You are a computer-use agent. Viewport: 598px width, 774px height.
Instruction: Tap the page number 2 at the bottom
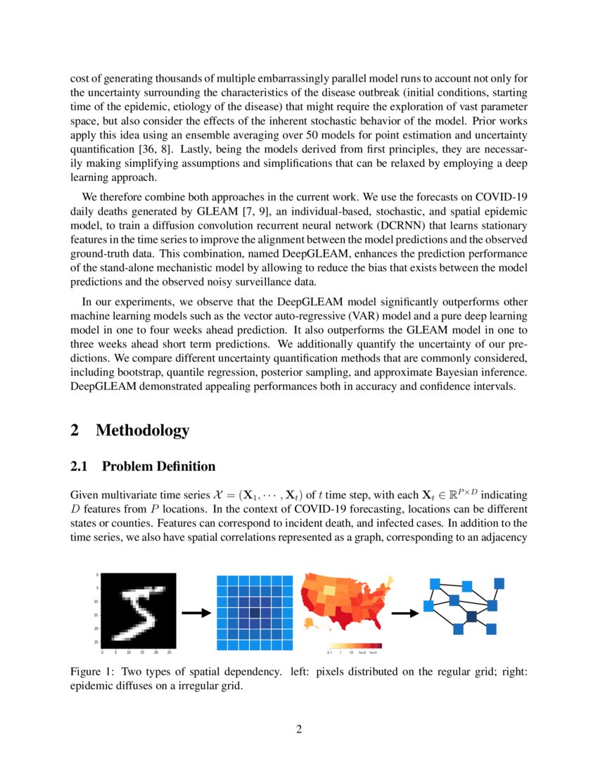click(299, 728)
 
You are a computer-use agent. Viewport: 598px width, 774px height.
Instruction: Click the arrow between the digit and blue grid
click(196, 613)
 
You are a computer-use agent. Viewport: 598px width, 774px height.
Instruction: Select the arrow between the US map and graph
click(405, 613)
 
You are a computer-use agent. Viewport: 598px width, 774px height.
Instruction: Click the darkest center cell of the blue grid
click(255, 614)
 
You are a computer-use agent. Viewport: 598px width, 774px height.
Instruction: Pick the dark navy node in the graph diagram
click(471, 616)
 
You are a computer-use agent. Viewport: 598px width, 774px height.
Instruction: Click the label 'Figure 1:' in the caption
click(94, 671)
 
